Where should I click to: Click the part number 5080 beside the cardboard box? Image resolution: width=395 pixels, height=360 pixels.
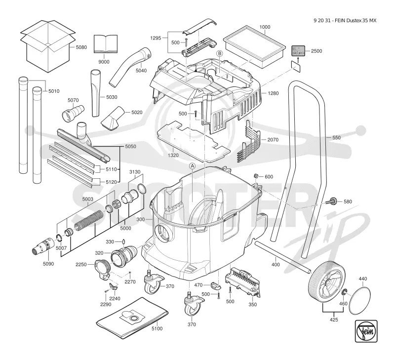[x=81, y=47]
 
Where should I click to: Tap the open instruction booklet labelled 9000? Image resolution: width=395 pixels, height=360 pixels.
[x=106, y=44]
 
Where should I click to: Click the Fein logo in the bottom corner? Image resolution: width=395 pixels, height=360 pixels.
[x=366, y=331]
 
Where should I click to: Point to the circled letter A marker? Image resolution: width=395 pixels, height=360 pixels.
[x=192, y=166]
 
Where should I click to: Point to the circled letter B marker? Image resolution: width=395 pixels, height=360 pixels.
[x=220, y=53]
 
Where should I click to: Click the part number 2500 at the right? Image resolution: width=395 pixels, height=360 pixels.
[x=316, y=51]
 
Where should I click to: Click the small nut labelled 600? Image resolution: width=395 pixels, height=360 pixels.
[x=256, y=176]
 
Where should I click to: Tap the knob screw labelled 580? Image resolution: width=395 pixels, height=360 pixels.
[x=330, y=201]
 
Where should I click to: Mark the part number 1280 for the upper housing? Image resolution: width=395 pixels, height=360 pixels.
[x=273, y=93]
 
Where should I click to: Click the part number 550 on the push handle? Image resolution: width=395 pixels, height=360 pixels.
[x=336, y=138]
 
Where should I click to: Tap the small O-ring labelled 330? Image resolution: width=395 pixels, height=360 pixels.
[x=123, y=241]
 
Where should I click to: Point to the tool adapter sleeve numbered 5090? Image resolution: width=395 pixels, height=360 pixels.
[x=43, y=245]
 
